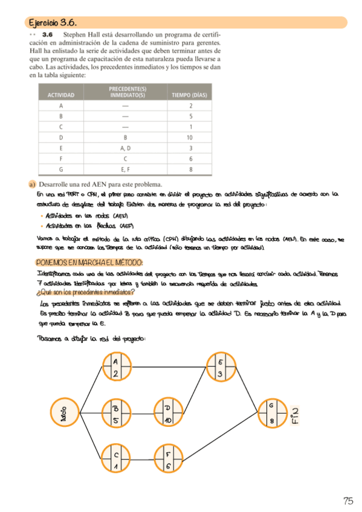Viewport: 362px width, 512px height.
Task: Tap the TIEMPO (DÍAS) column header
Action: [190, 95]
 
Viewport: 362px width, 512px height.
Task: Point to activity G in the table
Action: [60, 169]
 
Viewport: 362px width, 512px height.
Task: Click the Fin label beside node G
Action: [295, 414]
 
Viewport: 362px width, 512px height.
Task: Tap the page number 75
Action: [347, 500]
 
